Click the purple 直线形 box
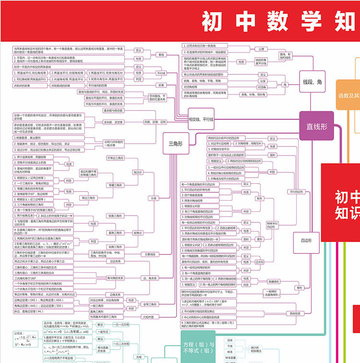316,126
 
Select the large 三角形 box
174,143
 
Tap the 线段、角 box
312,82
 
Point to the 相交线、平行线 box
201,119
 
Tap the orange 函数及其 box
348,96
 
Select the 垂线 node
161,55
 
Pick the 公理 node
261,49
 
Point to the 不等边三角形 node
115,157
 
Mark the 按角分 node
138,232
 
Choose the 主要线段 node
150,254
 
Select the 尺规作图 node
149,317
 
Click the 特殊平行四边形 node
272,225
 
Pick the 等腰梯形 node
273,281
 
